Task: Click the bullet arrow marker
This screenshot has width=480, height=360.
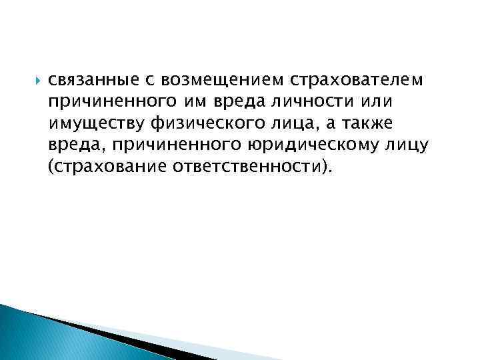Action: (x=35, y=81)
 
